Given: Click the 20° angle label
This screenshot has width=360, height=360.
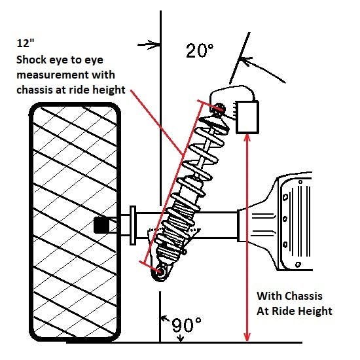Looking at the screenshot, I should (x=200, y=52).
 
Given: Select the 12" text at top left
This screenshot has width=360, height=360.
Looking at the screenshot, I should (x=26, y=45).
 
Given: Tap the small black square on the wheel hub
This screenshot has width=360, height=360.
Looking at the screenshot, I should (x=101, y=225).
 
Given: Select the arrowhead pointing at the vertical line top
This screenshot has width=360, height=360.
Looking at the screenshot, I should (x=156, y=45).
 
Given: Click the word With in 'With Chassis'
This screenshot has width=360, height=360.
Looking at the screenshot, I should (x=267, y=295).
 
